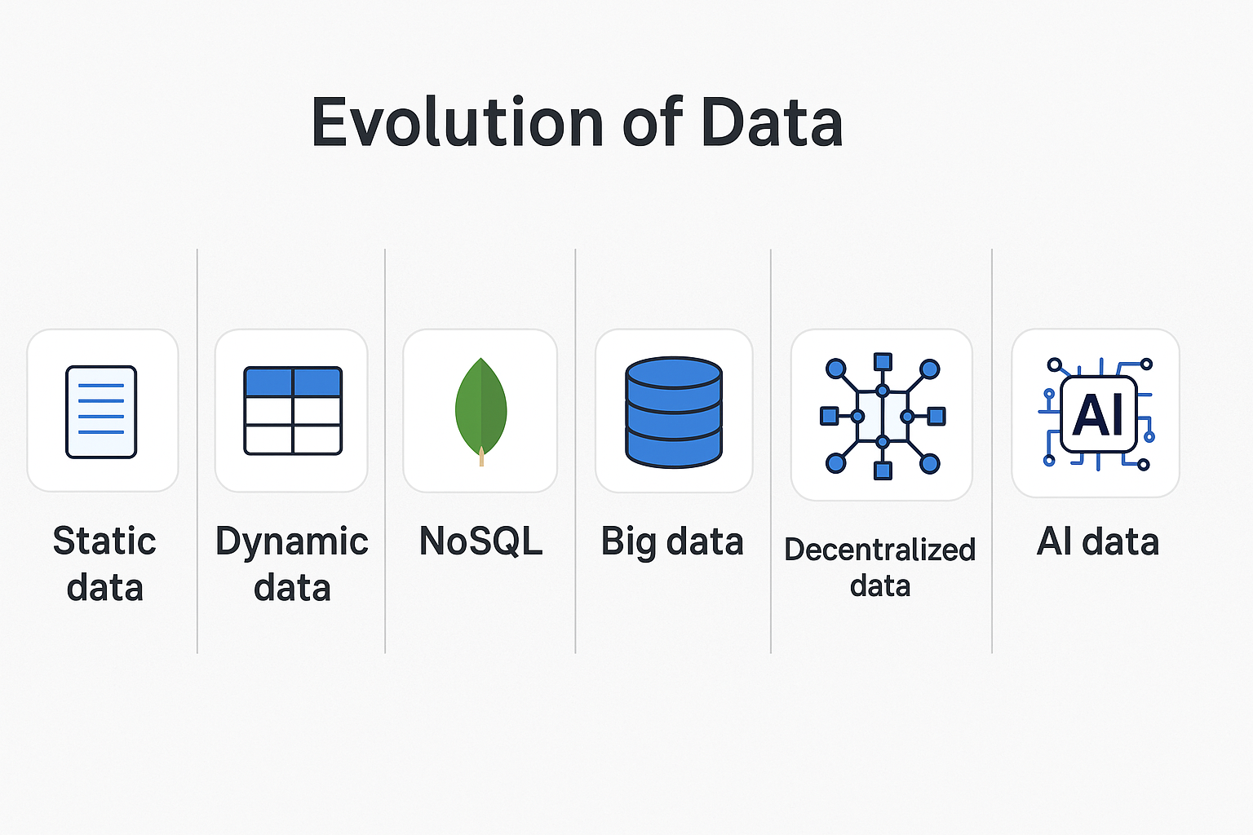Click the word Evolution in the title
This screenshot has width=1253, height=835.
click(458, 122)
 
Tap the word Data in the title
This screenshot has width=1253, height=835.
click(771, 122)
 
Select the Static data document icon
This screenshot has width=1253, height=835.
click(101, 412)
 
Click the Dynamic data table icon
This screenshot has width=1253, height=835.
click(293, 411)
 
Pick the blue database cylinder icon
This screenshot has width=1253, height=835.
click(674, 412)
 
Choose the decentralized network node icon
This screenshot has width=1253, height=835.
click(882, 416)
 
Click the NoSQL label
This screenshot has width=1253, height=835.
click(480, 541)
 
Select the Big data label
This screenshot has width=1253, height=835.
click(672, 541)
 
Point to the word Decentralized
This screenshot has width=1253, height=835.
click(880, 550)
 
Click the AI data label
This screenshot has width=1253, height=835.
click(1097, 541)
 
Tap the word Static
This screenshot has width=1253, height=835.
click(104, 541)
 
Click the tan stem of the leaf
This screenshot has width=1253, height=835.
click(481, 457)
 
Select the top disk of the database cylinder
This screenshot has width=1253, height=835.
click(674, 373)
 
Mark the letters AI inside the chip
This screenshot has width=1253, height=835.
click(1098, 414)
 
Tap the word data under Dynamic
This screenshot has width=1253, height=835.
click(292, 588)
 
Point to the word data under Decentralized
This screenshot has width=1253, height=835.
click(880, 586)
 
